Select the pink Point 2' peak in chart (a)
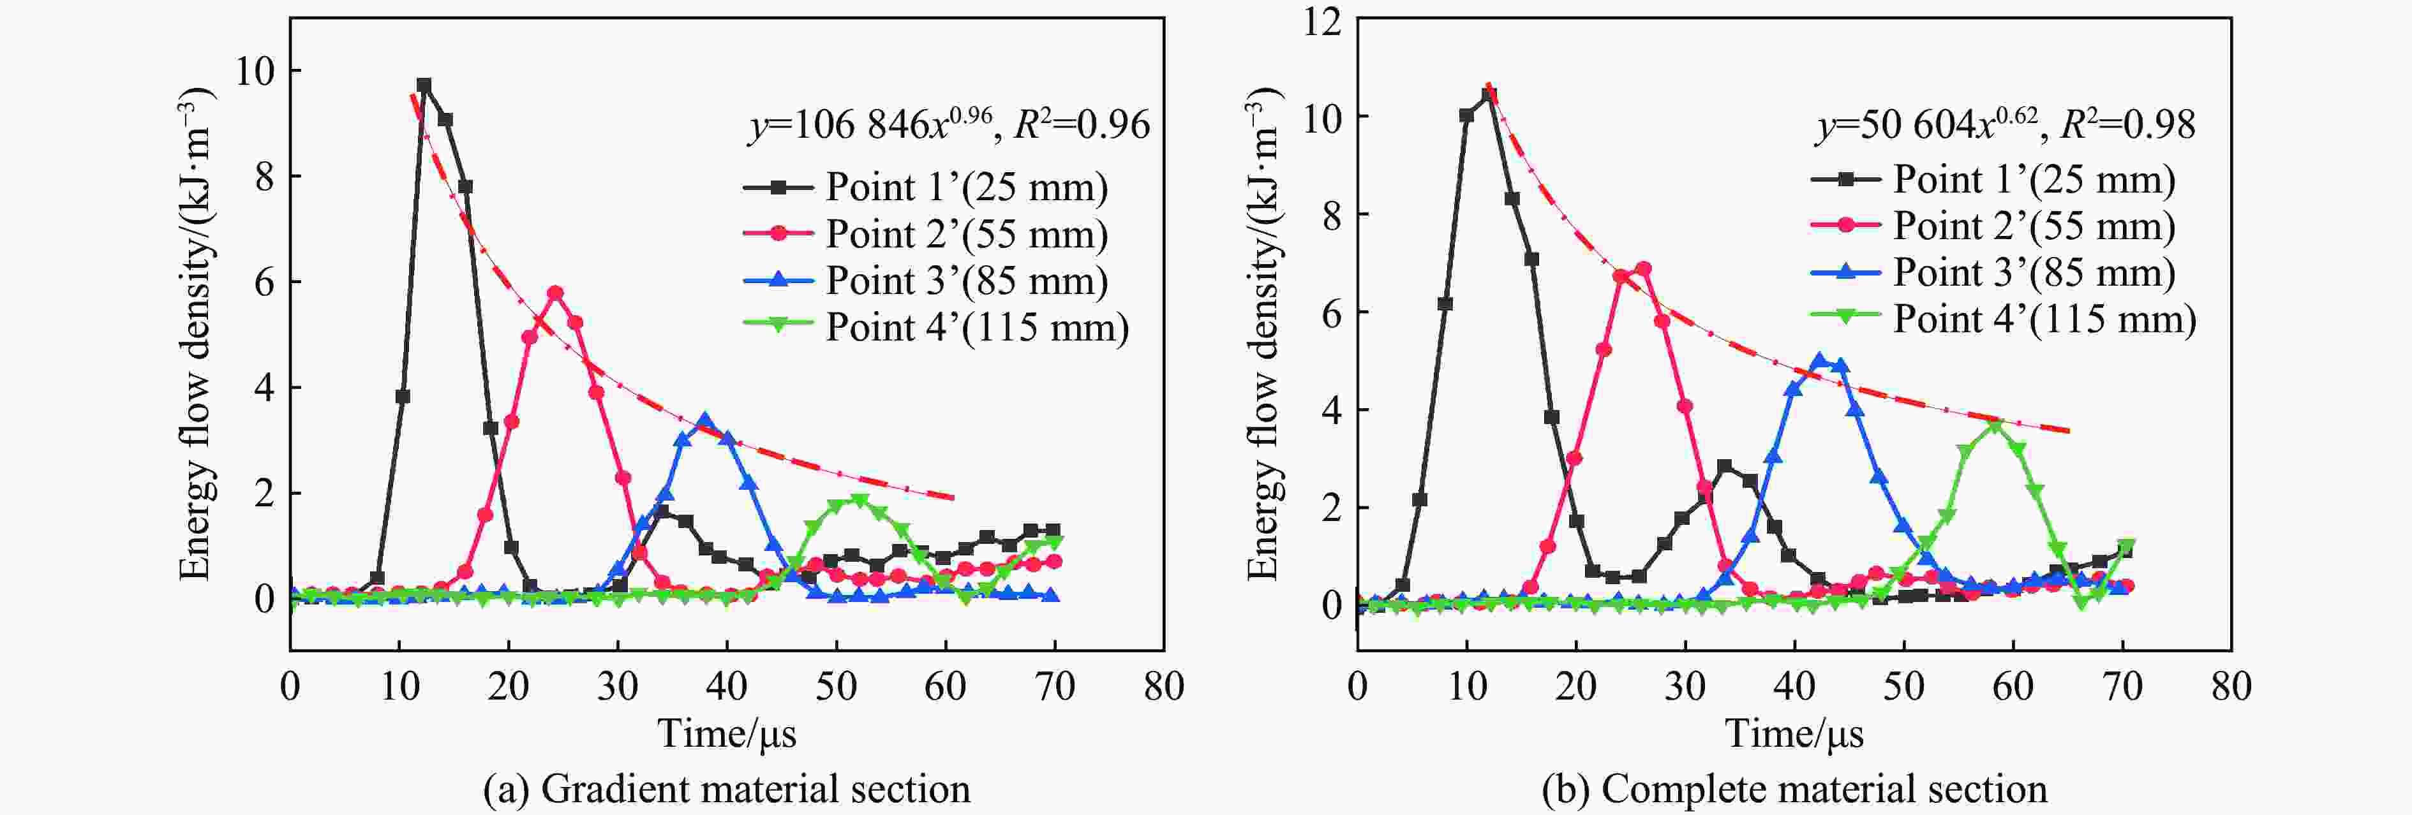click(x=555, y=293)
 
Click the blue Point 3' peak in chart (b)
click(x=1819, y=360)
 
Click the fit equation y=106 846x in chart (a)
click(x=871, y=124)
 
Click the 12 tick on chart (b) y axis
click(x=1322, y=20)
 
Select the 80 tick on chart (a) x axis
click(x=1164, y=686)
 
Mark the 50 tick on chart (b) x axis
click(x=1903, y=686)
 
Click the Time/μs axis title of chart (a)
click(x=727, y=733)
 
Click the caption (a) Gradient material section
click(x=727, y=789)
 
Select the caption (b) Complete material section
click(x=1794, y=789)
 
